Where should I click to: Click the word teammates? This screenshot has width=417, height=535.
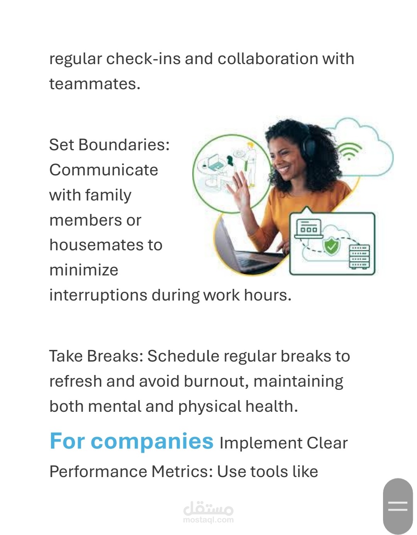point(95,84)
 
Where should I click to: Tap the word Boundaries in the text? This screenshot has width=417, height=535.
point(124,144)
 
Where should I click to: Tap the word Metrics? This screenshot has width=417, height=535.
point(182,472)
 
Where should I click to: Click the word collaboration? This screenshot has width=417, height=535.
point(268,59)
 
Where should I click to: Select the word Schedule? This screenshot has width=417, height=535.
point(183,356)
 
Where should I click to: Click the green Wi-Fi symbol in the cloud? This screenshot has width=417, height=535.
point(349,151)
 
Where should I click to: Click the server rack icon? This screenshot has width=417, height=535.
point(359,256)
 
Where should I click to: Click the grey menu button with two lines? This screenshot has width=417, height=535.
point(398,506)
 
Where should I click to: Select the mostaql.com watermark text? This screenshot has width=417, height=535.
point(208,520)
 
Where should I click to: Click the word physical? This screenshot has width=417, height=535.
point(209,407)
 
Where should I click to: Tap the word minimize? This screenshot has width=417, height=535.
point(84,270)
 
